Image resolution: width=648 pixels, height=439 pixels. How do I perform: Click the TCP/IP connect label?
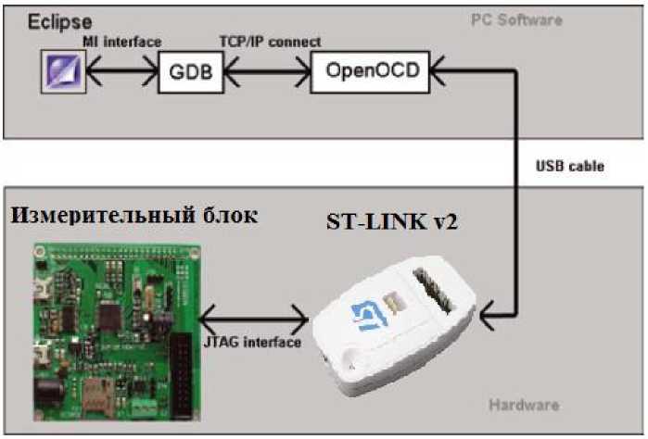[x=270, y=42]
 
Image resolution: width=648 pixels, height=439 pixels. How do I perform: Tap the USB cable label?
[x=570, y=167]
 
